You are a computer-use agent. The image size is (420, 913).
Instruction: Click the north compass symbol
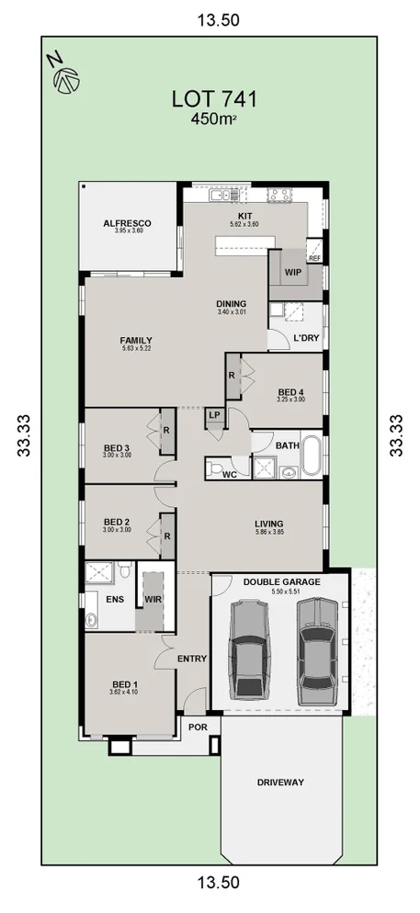pos(63,75)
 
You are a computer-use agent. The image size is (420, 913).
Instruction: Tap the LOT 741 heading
pos(213,99)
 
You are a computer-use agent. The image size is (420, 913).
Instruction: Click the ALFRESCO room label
pos(127,223)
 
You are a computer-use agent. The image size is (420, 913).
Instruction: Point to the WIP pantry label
pos(293,273)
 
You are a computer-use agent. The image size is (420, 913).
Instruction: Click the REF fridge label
pos(314,259)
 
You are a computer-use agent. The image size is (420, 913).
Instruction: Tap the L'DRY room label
pos(305,340)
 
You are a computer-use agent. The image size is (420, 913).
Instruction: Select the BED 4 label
pos(291,393)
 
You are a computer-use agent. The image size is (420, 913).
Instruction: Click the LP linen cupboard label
pos(213,415)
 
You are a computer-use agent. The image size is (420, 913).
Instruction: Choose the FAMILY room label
pos(135,339)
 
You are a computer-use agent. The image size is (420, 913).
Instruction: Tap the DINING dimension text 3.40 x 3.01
pos(233,312)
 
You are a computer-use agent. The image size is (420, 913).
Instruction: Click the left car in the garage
pos(248,648)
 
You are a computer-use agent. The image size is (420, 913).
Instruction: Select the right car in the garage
pos(316,648)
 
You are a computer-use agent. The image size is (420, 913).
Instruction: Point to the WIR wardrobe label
pos(153,600)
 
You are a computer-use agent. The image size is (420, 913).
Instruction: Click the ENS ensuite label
pos(114,599)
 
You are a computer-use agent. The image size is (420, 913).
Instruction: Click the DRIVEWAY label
pos(281,783)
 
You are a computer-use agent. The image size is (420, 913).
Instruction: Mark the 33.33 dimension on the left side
pos(24,434)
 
